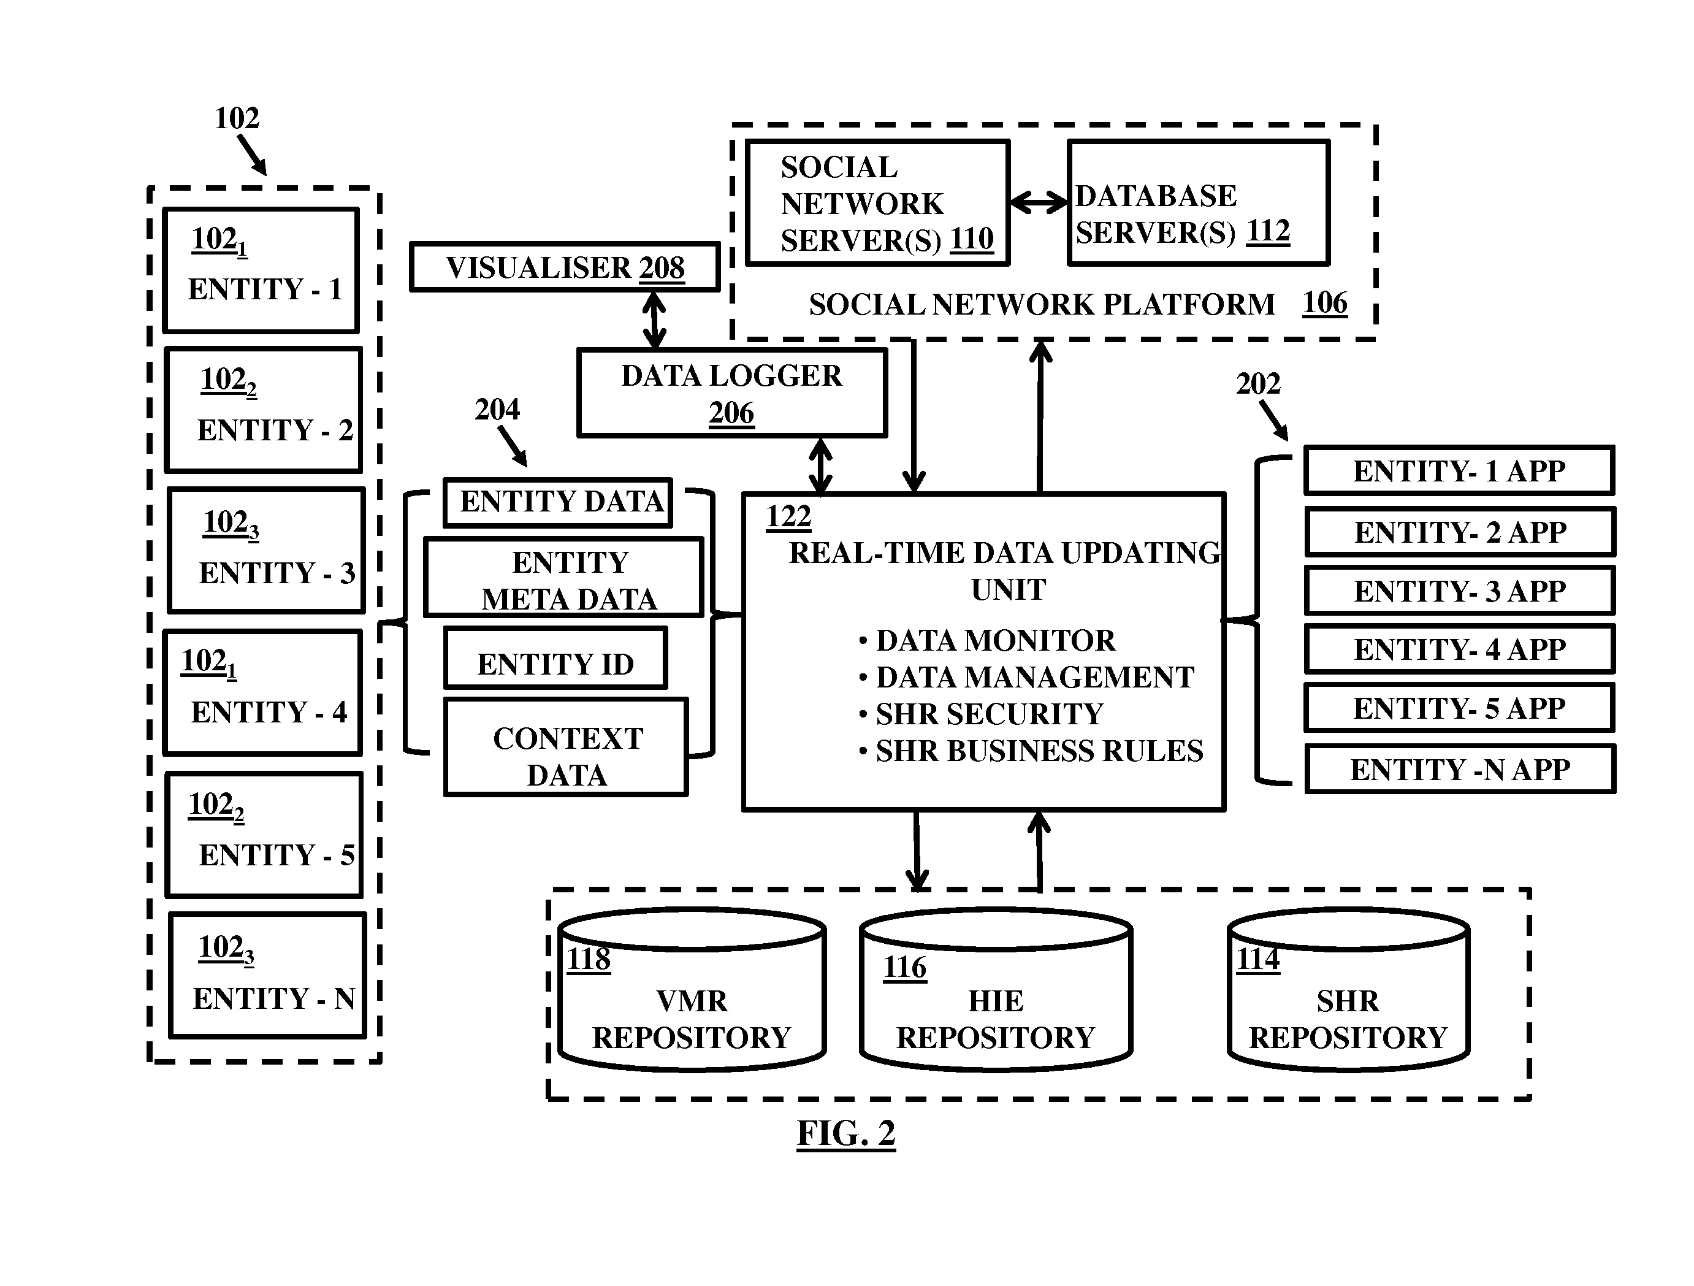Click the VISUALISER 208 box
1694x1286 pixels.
565,267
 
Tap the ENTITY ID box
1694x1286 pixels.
556,658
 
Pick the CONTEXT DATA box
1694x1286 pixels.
566,747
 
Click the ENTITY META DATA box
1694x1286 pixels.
563,576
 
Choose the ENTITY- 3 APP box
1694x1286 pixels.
1460,591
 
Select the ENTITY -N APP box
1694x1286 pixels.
1460,769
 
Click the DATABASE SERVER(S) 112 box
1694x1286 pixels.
1199,203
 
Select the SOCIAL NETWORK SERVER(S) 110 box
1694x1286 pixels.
877,203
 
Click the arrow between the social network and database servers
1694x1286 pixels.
1039,203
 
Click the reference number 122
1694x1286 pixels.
788,517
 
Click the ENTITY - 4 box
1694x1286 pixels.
262,693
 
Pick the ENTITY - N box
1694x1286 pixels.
267,976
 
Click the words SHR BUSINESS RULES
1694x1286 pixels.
1039,751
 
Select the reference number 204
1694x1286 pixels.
497,410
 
